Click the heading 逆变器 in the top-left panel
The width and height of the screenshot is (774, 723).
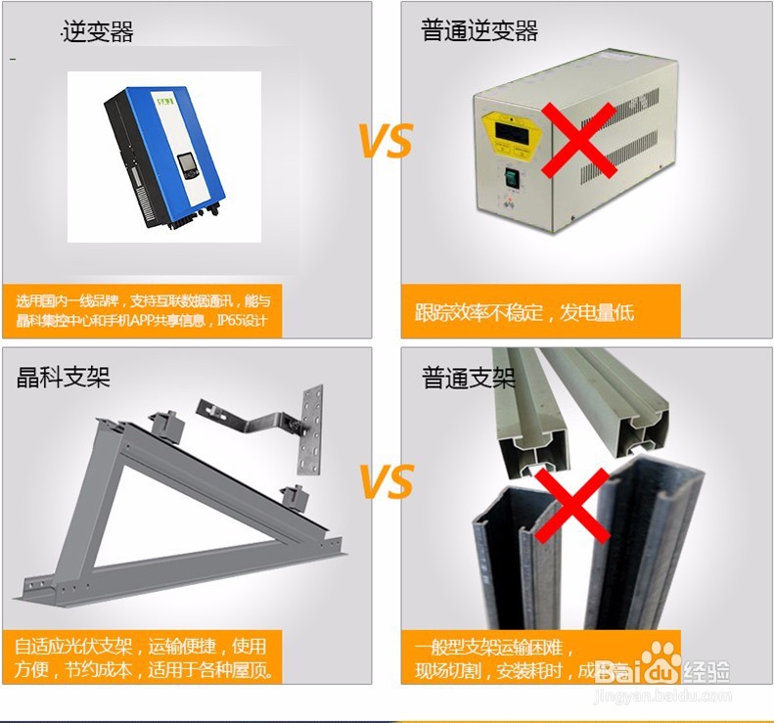98,32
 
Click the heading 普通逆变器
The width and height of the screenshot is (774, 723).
479,31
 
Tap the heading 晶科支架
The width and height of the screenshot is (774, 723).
64,377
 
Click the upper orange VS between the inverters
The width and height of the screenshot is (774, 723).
386,141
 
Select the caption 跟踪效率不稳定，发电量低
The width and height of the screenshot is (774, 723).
524,312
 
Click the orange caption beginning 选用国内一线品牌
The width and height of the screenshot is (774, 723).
142,311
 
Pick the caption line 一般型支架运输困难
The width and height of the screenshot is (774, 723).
494,648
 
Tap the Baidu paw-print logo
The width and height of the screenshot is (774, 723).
662,660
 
